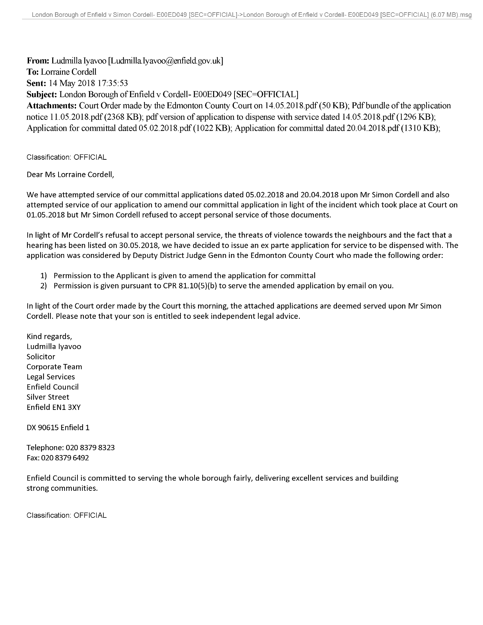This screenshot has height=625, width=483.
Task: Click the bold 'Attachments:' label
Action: (52, 106)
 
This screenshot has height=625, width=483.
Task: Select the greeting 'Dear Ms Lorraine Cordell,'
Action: (70, 174)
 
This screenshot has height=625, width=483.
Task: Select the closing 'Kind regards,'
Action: (49, 337)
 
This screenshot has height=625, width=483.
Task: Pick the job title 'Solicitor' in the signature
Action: (41, 357)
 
